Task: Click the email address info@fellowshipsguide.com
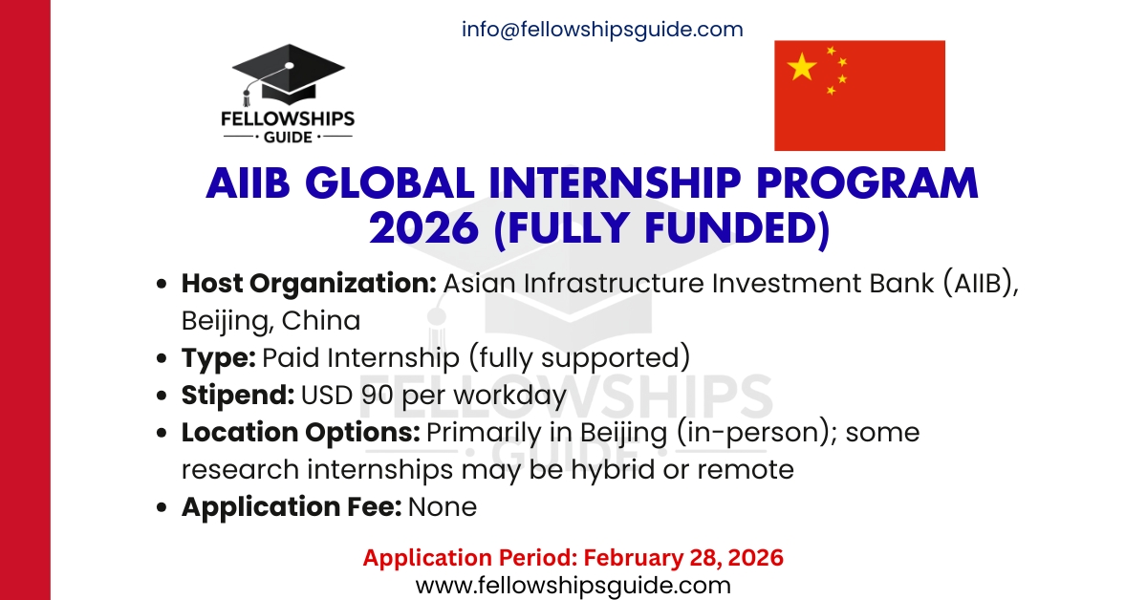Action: tap(602, 30)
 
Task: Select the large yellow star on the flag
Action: tap(802, 67)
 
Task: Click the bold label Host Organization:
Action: tap(309, 284)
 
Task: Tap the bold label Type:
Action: tap(218, 357)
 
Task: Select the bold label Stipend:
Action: tap(237, 395)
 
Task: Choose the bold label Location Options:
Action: tap(300, 432)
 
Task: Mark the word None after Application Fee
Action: tap(442, 506)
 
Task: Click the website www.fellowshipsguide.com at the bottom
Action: tap(573, 585)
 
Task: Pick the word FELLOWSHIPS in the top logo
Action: tap(292, 119)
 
